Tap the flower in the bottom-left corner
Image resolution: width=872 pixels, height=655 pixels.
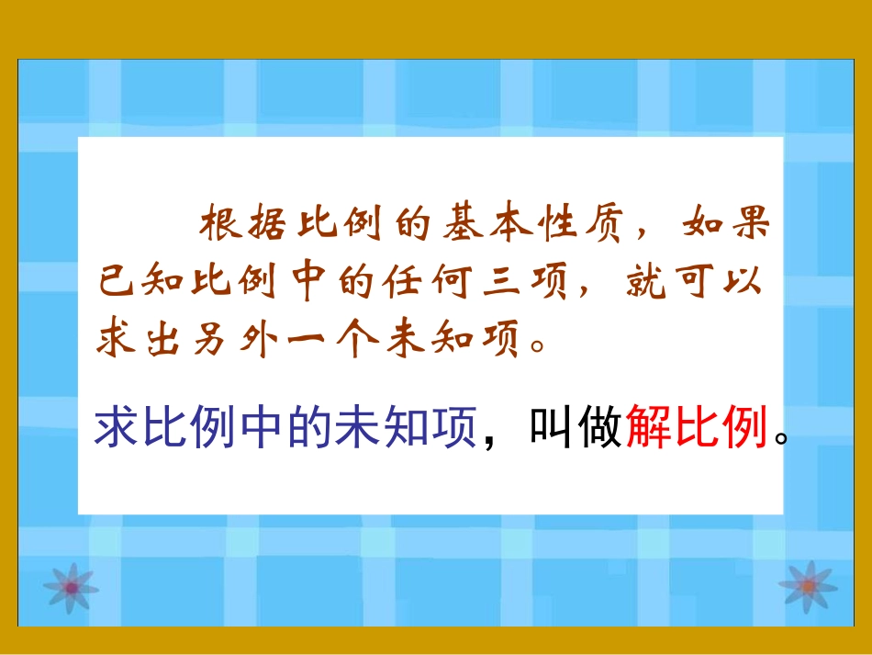pyautogui.click(x=69, y=586)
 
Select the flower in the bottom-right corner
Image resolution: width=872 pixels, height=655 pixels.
pyautogui.click(x=807, y=586)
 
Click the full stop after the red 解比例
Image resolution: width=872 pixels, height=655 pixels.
pyautogui.click(x=780, y=439)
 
